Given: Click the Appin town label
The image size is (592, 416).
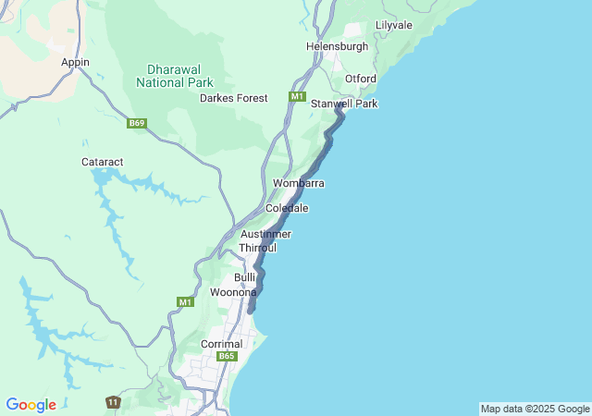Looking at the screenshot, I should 75,62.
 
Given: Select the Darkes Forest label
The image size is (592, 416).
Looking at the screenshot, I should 234,98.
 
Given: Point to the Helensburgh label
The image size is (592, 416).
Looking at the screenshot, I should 337,46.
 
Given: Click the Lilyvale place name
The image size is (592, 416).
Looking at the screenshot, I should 394,25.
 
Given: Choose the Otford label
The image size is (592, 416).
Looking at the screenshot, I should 360,79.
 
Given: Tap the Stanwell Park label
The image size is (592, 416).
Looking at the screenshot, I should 344,104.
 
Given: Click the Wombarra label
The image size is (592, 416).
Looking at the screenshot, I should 298,183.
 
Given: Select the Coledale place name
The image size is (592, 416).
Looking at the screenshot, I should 287,208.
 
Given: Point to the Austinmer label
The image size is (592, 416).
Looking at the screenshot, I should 265,234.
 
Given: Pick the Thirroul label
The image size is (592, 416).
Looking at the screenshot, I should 258,248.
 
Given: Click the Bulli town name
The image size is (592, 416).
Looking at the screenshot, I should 244,277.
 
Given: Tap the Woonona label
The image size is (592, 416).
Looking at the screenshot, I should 233,292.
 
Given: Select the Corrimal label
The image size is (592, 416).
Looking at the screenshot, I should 221,344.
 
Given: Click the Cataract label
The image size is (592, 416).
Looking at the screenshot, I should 103,161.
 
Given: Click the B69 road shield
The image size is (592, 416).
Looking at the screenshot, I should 137,123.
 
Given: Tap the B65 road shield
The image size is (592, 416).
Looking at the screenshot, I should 228,356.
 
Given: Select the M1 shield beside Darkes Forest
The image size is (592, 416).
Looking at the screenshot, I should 296,97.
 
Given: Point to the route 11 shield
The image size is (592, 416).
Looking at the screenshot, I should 112,402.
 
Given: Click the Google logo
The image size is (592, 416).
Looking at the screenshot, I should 31,405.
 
